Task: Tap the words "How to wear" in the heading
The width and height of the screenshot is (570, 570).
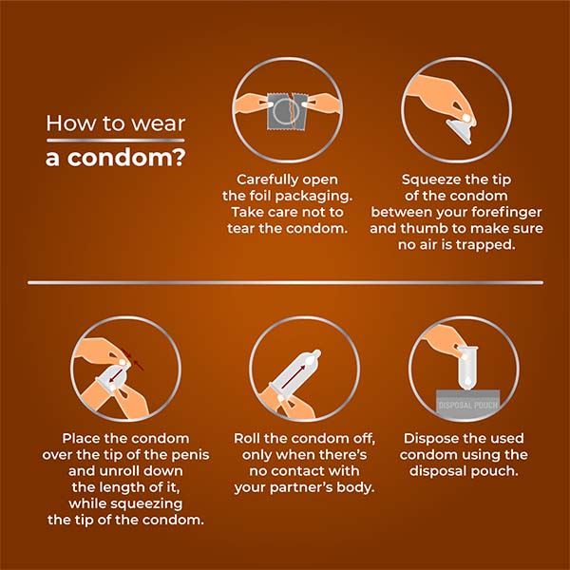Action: pyautogui.click(x=116, y=123)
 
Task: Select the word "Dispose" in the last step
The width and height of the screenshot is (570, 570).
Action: pyautogui.click(x=437, y=439)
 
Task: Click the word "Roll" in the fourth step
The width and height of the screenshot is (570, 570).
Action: pyautogui.click(x=250, y=439)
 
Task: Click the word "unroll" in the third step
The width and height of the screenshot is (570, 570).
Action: pyautogui.click(x=121, y=471)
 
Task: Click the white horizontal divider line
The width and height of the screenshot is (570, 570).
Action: pyautogui.click(x=285, y=282)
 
